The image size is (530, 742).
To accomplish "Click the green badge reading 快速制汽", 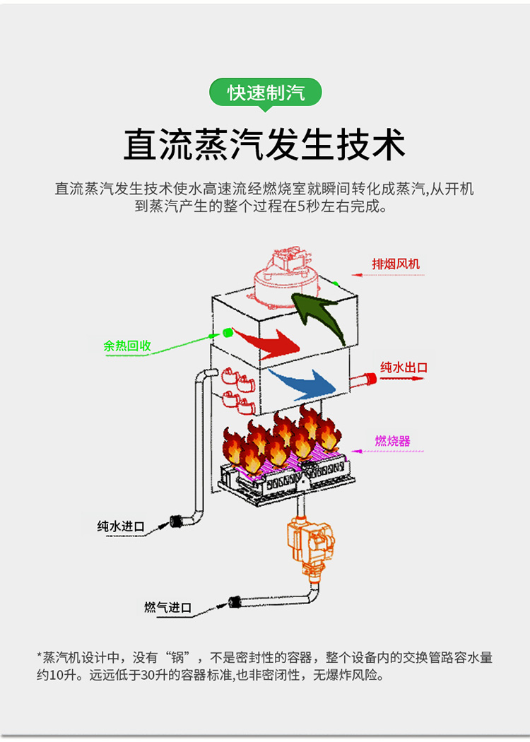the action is [266, 93].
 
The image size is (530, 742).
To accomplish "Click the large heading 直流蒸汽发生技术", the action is [264, 145].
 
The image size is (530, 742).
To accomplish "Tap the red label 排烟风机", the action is [396, 264].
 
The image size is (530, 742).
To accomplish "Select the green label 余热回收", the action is [127, 346].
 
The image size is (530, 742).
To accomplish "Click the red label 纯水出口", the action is [404, 367].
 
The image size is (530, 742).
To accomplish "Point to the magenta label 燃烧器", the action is [392, 441].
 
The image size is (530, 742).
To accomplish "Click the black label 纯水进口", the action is [121, 526].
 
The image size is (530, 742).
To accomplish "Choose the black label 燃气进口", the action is [168, 607].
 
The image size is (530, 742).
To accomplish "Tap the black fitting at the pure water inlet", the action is [176, 522].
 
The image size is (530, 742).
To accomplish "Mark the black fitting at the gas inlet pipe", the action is [235, 602].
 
